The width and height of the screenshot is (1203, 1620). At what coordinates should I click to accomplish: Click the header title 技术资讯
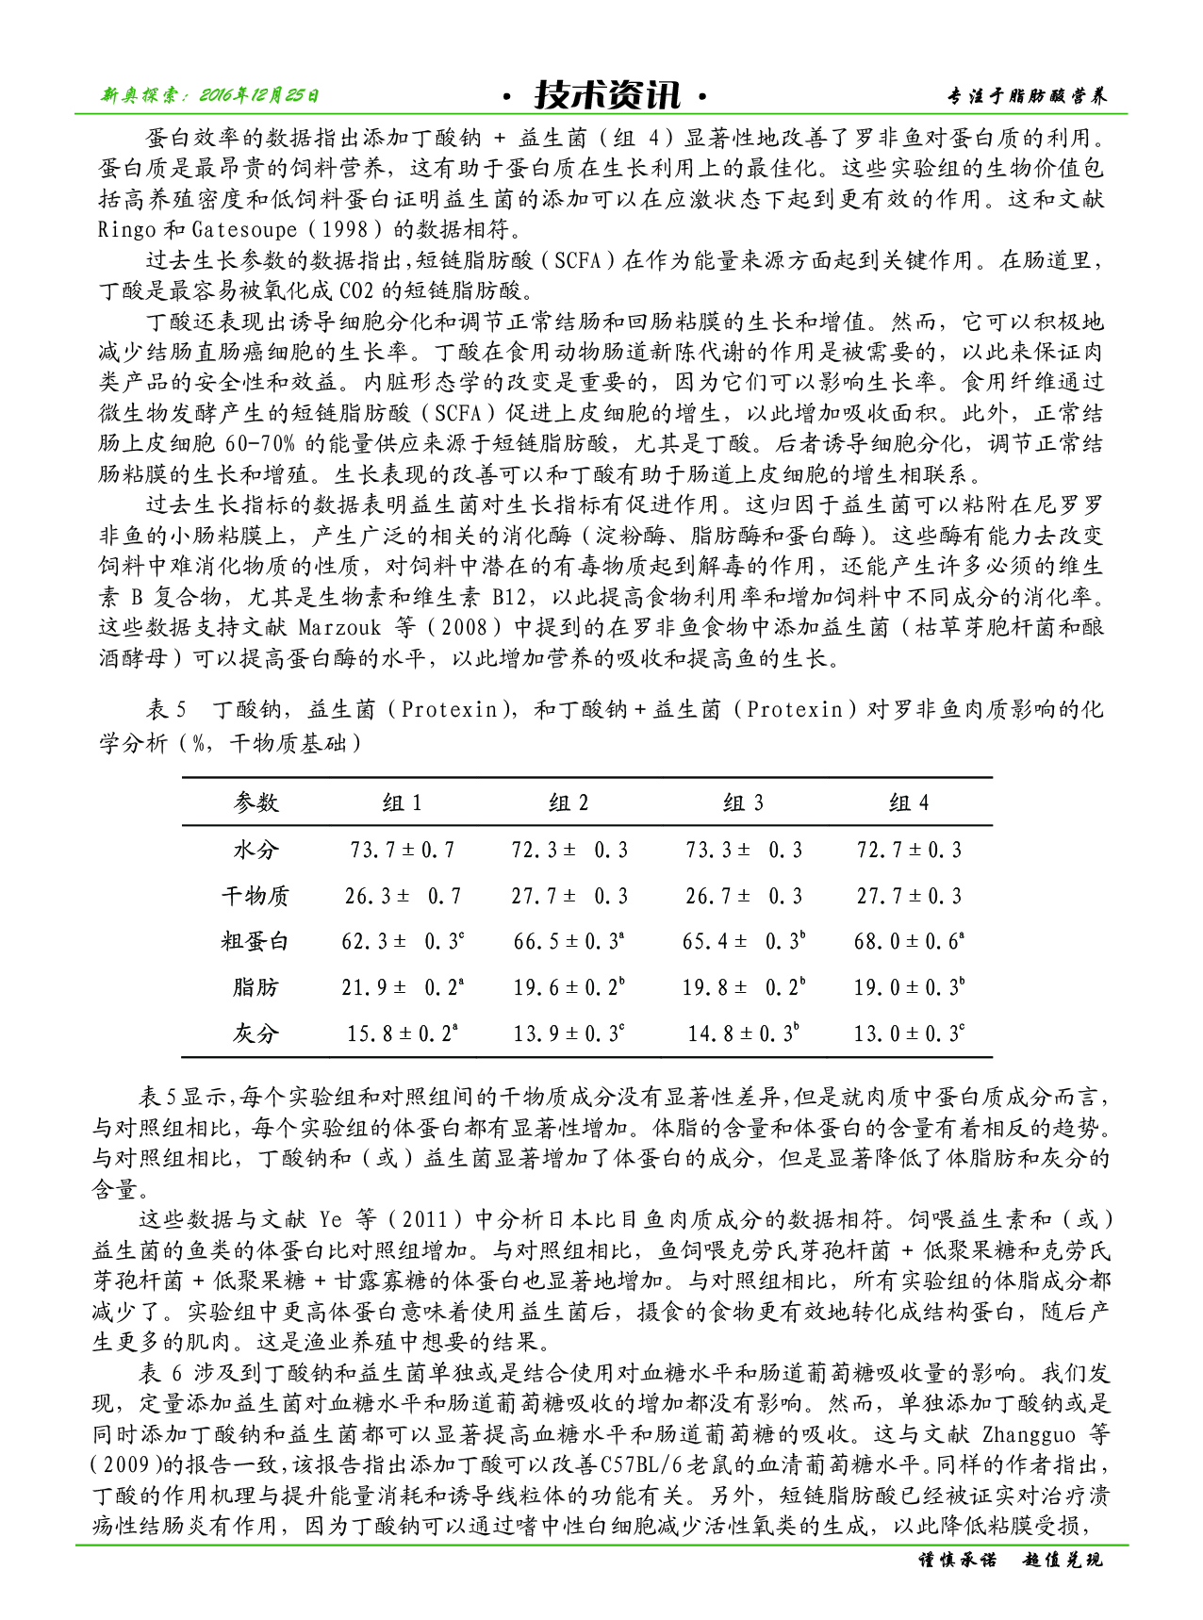click(x=606, y=94)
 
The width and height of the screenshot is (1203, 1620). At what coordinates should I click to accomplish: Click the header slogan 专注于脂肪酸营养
click(x=1027, y=96)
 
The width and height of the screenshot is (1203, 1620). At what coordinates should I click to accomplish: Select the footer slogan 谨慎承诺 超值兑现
click(x=1010, y=1560)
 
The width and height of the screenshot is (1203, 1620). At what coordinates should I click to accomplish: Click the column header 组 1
click(x=403, y=802)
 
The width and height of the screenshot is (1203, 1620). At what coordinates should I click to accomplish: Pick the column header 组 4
click(x=909, y=802)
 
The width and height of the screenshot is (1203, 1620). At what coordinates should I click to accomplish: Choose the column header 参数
click(x=255, y=802)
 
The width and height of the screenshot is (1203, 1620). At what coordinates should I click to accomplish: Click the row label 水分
click(x=255, y=850)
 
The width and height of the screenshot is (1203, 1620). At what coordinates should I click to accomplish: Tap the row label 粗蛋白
click(x=255, y=941)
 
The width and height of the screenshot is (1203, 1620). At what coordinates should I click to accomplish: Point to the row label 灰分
click(x=255, y=1033)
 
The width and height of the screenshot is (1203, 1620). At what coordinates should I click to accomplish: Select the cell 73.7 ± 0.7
click(x=403, y=850)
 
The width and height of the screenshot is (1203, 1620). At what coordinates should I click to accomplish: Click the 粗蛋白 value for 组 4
click(x=909, y=941)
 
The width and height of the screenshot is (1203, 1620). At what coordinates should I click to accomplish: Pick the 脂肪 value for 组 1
click(x=403, y=987)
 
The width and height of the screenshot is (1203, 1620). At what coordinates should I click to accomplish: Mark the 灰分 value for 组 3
click(x=743, y=1033)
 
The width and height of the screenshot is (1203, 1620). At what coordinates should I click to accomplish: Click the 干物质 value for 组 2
click(x=569, y=896)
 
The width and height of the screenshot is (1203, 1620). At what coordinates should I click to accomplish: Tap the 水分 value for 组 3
click(x=743, y=850)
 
